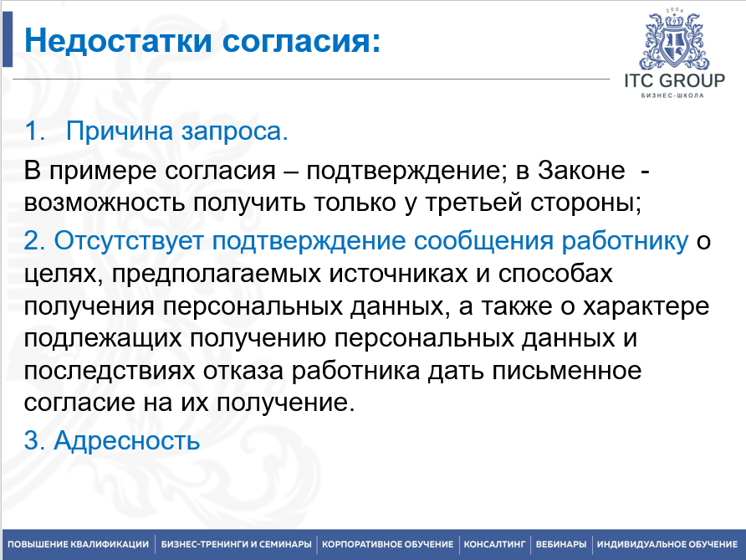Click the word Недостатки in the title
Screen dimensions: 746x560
pos(118,40)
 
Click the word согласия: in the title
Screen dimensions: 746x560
pos(302,41)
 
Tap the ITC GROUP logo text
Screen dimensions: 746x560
pos(675,80)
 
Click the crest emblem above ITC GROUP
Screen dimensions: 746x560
pos(674,39)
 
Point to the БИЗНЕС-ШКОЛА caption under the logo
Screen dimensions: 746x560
pos(672,95)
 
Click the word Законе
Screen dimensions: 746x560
pos(581,170)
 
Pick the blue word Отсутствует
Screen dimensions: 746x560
pos(129,240)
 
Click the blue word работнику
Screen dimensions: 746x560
pos(625,240)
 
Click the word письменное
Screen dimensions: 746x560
pos(567,371)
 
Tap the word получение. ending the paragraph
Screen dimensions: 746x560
pos(286,403)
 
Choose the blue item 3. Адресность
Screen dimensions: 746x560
pos(112,440)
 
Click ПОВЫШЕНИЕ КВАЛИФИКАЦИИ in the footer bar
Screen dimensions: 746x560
pos(78,544)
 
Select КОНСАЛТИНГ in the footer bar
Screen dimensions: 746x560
pos(494,544)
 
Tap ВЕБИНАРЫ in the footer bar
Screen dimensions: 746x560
pos(561,544)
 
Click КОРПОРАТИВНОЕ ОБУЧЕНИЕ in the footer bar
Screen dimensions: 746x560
pos(388,544)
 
